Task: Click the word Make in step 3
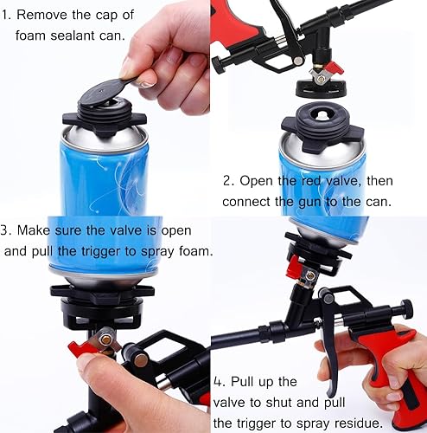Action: pyautogui.click(x=43, y=230)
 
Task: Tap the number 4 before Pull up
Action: pyautogui.click(x=217, y=381)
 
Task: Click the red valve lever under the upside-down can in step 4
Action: pyautogui.click(x=296, y=262)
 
